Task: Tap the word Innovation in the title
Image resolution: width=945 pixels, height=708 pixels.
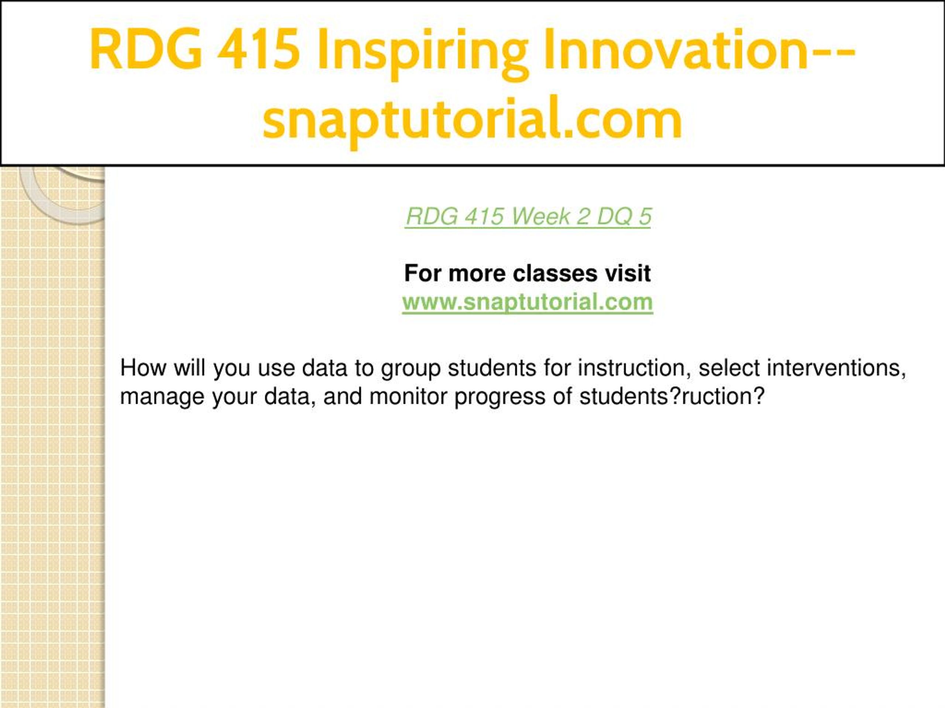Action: coord(676,49)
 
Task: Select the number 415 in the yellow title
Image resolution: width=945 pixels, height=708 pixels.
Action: coord(258,49)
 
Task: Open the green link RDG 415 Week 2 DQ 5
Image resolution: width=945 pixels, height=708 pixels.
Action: coord(529,216)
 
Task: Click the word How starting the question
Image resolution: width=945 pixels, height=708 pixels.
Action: coord(143,368)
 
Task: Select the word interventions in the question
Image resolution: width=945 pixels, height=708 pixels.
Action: coord(836,368)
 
